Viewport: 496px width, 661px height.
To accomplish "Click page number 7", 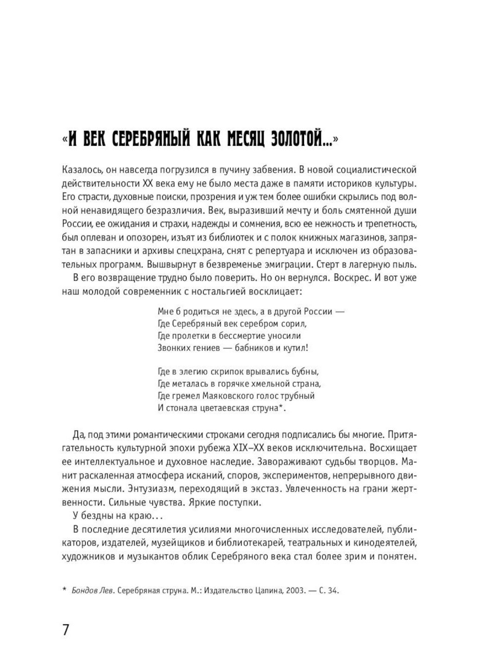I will [x=66, y=630].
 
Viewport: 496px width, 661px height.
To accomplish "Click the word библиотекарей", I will [x=287, y=543].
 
